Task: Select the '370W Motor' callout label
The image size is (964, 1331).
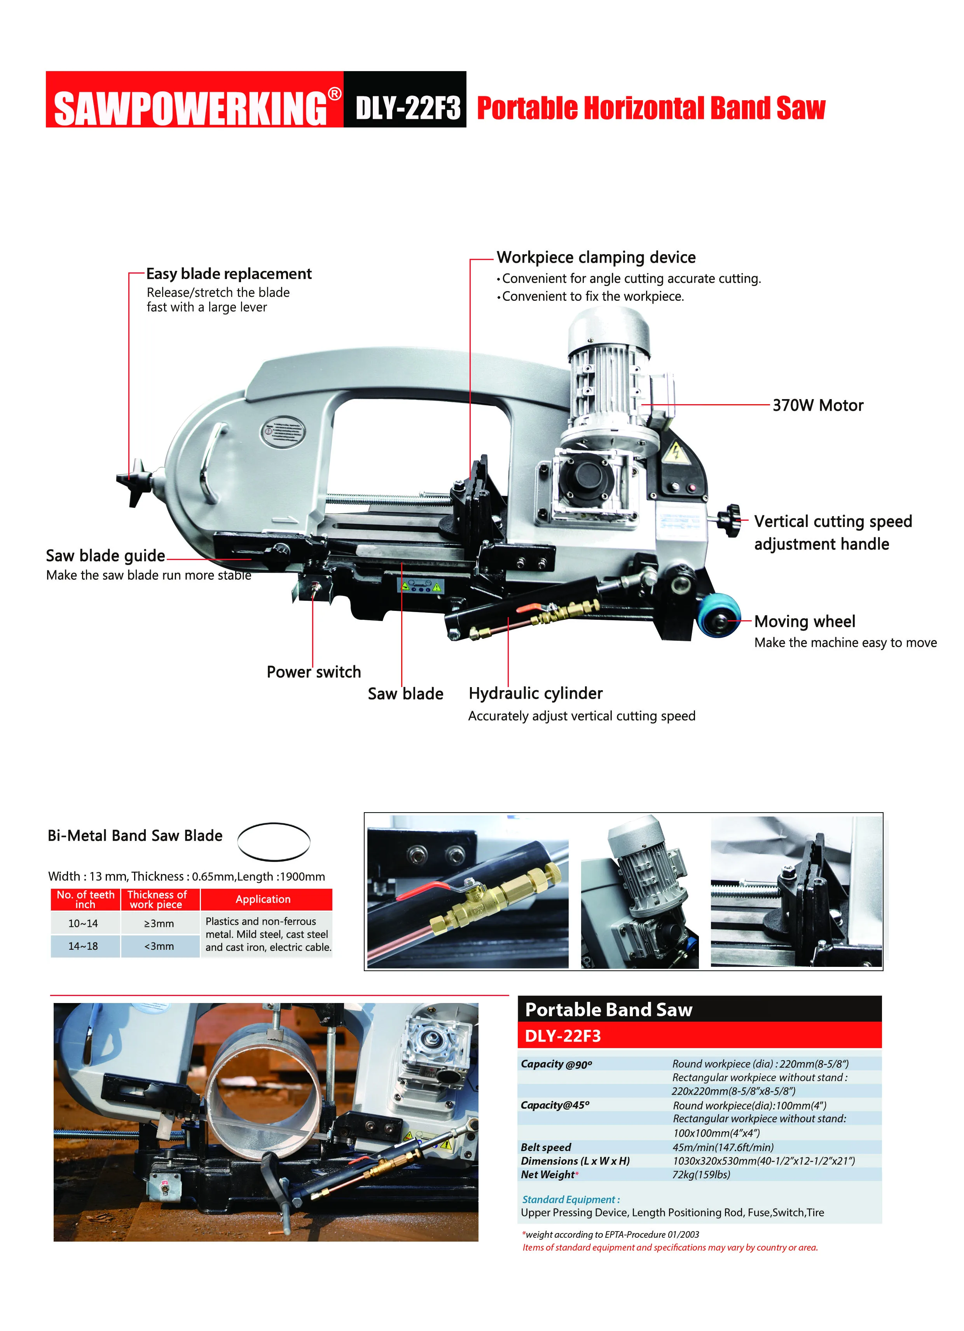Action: (x=817, y=406)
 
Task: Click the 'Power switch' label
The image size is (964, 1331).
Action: (x=314, y=672)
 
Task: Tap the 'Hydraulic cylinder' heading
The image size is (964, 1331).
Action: (x=535, y=694)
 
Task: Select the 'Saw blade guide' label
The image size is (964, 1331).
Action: (x=106, y=556)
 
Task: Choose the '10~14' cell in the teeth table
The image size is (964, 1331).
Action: (x=83, y=923)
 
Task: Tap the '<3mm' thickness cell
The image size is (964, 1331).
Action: (x=159, y=946)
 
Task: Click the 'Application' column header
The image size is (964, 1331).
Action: (x=263, y=899)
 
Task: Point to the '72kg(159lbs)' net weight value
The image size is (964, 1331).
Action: (x=701, y=1174)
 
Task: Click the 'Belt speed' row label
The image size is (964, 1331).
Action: (x=545, y=1147)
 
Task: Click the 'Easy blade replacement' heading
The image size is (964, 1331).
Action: (x=229, y=274)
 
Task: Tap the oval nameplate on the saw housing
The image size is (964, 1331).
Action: (x=283, y=433)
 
